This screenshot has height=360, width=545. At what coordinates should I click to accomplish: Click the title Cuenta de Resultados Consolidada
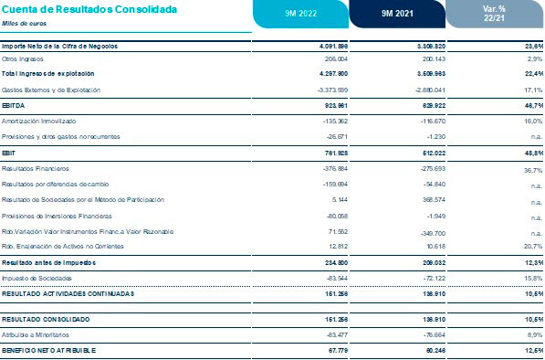(x=77, y=8)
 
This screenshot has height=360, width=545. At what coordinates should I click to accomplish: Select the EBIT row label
(x=11, y=153)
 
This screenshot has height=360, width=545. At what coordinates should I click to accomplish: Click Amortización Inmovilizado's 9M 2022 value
(x=323, y=120)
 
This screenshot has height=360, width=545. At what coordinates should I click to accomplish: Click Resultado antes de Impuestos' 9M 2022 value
(x=324, y=261)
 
